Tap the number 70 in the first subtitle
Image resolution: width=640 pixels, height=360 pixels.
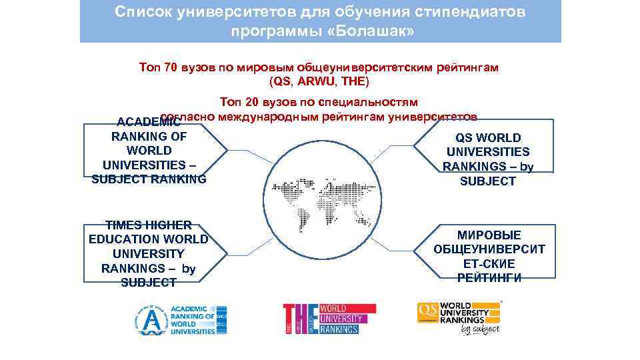(171, 67)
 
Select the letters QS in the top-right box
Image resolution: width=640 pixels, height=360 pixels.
(465, 138)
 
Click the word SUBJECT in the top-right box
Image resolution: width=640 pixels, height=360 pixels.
(488, 181)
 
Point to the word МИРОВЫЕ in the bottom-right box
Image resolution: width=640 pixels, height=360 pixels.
(489, 235)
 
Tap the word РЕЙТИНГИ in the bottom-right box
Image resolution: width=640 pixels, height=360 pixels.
(489, 277)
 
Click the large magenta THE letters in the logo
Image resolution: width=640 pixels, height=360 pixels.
(300, 319)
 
